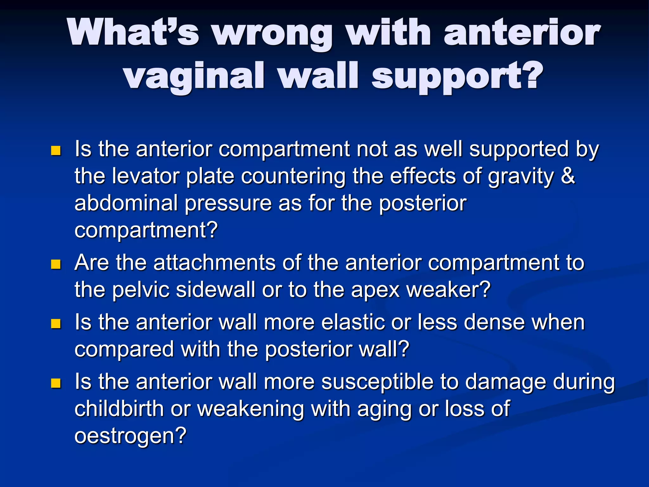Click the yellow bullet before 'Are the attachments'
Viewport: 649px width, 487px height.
coord(56,264)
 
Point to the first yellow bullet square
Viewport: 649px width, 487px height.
coord(56,150)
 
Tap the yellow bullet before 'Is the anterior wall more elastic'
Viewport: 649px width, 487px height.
coord(56,324)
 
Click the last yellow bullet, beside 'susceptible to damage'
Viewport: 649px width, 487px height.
coord(56,383)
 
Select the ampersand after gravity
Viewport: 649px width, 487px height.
coord(568,175)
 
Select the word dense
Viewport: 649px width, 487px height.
coord(494,322)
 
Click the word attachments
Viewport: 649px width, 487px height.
coord(215,263)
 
